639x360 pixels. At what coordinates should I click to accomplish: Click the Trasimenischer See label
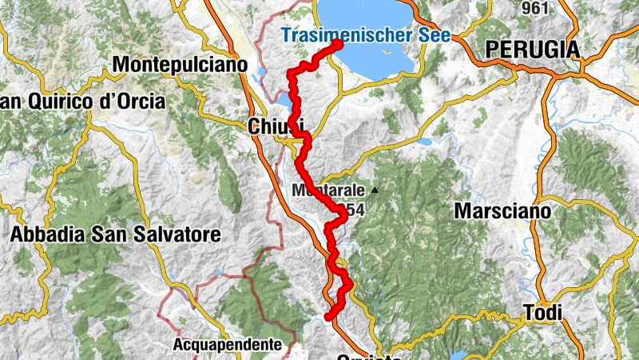[366, 34]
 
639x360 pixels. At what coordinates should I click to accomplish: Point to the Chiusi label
[276, 126]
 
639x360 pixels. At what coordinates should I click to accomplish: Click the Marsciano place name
[502, 211]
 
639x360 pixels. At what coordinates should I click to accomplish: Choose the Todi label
[542, 313]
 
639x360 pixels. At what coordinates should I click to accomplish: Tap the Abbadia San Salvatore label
[115, 234]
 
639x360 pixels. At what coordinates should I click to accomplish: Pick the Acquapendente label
[228, 345]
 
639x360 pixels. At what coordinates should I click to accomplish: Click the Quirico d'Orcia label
[83, 102]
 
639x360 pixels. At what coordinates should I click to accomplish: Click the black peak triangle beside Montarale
[374, 190]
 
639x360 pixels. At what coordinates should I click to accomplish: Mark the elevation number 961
[534, 8]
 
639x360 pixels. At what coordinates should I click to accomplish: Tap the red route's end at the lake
[338, 44]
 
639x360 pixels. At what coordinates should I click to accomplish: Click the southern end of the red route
[328, 318]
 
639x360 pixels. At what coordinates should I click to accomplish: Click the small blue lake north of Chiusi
[285, 101]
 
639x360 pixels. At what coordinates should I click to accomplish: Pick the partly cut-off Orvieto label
[368, 357]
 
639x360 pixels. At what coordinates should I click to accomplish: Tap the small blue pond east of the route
[423, 142]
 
